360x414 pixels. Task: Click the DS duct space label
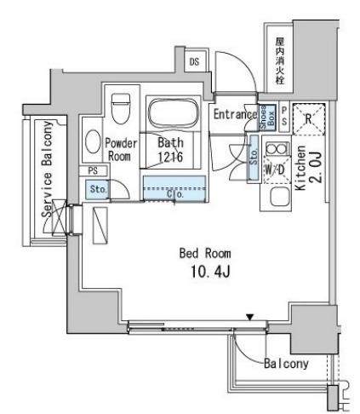pos(194,61)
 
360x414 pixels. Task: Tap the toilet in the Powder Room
pos(121,108)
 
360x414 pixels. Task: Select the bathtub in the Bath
pos(173,113)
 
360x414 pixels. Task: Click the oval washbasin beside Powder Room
pos(93,141)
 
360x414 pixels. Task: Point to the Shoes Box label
pos(267,118)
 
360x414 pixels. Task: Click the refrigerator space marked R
pos(308,119)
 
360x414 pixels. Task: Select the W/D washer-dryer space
pos(275,170)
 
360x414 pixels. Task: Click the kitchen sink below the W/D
pos(280,197)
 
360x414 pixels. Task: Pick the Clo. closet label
pos(175,194)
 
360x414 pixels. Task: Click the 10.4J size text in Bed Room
pos(210,271)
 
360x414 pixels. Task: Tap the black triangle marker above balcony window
pos(249,317)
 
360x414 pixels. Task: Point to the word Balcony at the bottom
pos(286,364)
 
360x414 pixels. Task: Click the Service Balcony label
pos(47,170)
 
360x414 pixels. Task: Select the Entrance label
pos(235,114)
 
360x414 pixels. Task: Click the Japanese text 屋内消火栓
pos(280,60)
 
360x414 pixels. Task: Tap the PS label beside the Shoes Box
pos(284,116)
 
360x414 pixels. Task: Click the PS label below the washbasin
pos(93,170)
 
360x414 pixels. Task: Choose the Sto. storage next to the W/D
pos(254,157)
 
